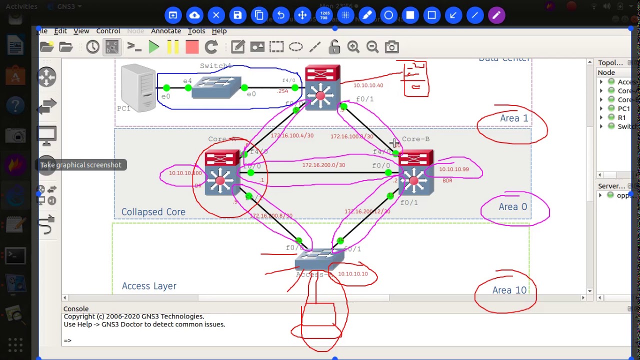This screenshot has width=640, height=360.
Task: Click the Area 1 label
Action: pos(513,118)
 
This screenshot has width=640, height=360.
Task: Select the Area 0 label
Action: pos(512,207)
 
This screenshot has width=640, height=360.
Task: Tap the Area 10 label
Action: pos(509,290)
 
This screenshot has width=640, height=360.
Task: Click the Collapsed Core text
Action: pos(153,212)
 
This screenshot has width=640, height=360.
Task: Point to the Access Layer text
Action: pos(149,286)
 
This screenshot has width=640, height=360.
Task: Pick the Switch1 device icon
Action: pos(216,87)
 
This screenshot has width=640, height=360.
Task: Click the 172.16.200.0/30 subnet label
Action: pos(323,165)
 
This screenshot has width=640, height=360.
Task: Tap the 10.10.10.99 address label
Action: pos(453,169)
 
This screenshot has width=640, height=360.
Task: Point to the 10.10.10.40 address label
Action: pos(368,85)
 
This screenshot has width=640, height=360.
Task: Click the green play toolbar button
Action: pos(154,47)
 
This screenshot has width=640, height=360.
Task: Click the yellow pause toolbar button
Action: pos(173,47)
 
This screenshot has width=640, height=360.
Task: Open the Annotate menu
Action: pos(165,31)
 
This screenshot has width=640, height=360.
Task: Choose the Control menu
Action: pos(108,31)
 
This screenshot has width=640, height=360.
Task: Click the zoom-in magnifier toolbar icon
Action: pos(353,47)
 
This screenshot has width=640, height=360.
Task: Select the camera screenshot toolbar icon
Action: pos(391,47)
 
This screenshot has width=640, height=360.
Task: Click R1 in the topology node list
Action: pos(621,117)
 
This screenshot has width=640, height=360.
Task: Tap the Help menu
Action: pos(219,31)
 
